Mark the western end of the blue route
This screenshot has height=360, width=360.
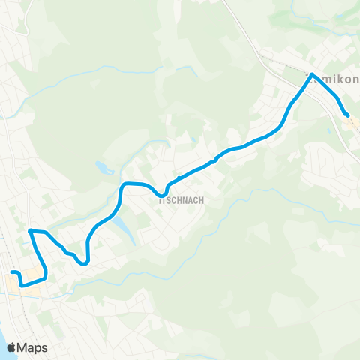12,271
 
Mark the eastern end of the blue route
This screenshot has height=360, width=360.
347,115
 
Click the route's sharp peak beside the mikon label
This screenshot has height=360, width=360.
311,73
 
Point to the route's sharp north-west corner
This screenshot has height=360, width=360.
30,230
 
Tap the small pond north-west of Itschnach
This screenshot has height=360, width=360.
100,168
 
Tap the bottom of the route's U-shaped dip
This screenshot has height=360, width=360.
84,262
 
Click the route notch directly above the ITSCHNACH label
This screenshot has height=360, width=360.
179,178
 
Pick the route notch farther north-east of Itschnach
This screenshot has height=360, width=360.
214,159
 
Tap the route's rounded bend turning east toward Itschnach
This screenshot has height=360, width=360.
124,184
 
